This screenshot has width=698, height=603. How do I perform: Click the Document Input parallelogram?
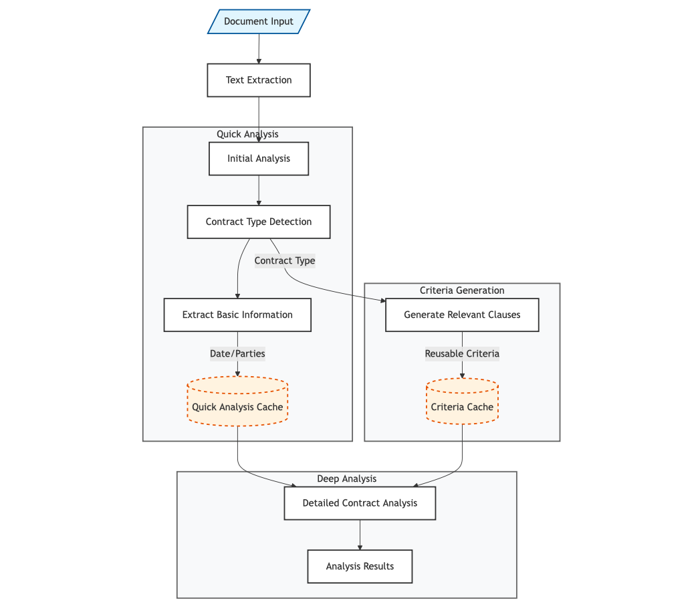259,21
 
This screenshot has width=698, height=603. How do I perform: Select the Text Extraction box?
259,80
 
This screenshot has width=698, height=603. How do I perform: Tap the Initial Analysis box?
259,159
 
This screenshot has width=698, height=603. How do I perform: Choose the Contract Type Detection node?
259,222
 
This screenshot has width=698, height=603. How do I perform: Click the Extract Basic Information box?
237,315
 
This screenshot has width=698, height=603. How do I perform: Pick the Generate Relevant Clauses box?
462,315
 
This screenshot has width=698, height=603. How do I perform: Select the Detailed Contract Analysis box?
360,503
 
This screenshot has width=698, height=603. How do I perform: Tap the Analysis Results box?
360,566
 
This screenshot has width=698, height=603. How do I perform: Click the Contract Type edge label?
285,261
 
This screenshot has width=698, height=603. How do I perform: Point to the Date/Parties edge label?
237,353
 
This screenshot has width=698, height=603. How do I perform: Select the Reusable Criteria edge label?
462,353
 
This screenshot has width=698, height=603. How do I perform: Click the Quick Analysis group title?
247,134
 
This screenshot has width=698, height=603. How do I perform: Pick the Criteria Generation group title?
462,290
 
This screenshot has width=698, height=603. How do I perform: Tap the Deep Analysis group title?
346,479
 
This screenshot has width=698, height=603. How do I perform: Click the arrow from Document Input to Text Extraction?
259,48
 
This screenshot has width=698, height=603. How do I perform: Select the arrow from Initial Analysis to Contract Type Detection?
259,190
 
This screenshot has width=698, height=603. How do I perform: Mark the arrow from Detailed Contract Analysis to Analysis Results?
360,535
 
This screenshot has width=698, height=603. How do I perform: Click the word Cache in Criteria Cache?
480,407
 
